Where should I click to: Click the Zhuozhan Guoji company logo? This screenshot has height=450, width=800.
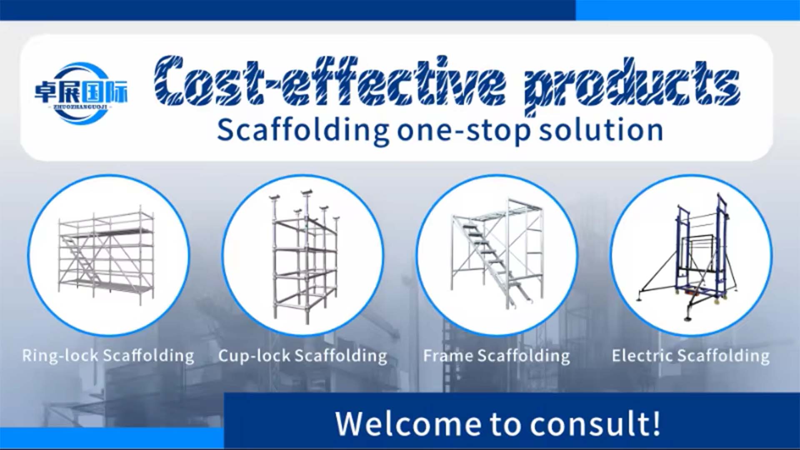point(81,92)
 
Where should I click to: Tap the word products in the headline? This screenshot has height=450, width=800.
point(631,83)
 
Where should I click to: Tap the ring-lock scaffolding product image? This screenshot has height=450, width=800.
point(108,255)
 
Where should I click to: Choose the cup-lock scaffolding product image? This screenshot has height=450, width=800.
point(303,255)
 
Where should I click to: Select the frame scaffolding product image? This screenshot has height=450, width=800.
point(497,255)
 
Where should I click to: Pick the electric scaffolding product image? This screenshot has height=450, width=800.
point(691,255)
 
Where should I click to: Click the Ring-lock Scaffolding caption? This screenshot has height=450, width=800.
point(108,356)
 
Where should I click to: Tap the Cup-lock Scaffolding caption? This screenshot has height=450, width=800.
point(303,356)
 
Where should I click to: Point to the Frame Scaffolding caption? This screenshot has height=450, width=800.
point(496,356)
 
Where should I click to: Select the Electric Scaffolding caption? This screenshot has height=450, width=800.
point(690,356)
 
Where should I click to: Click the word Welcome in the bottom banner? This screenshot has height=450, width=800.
point(408,424)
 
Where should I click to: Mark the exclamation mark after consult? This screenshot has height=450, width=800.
point(655,423)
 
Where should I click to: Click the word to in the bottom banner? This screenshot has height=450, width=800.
point(505,424)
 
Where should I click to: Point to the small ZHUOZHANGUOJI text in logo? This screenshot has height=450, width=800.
point(81,107)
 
